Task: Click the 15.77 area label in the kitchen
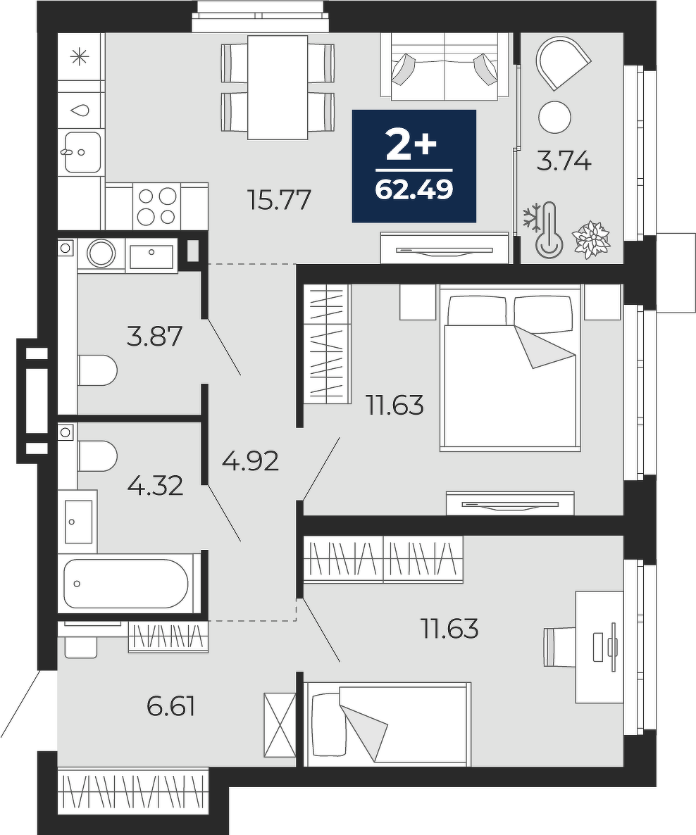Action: click(279, 200)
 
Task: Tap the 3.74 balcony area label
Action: click(564, 161)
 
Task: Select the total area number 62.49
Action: click(414, 189)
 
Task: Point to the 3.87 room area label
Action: click(154, 337)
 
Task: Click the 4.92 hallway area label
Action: click(250, 461)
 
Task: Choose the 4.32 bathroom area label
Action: click(155, 486)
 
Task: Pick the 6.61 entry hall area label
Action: click(170, 707)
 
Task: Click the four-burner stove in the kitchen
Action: click(156, 206)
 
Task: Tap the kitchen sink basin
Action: click(82, 152)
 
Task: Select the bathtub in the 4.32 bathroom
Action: click(126, 583)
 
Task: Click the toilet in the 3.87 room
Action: click(97, 370)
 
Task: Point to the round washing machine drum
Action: click(101, 253)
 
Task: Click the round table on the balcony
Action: click(555, 117)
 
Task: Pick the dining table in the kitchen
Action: click(278, 87)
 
